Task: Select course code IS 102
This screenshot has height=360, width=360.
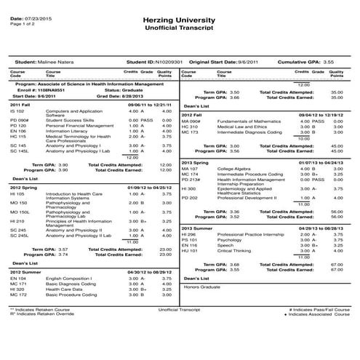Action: click(17, 111)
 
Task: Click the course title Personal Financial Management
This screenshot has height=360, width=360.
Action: click(80, 126)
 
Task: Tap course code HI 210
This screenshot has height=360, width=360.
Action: click(17, 222)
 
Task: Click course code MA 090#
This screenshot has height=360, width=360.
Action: click(191, 121)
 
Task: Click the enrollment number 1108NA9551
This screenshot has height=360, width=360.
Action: click(52, 89)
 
